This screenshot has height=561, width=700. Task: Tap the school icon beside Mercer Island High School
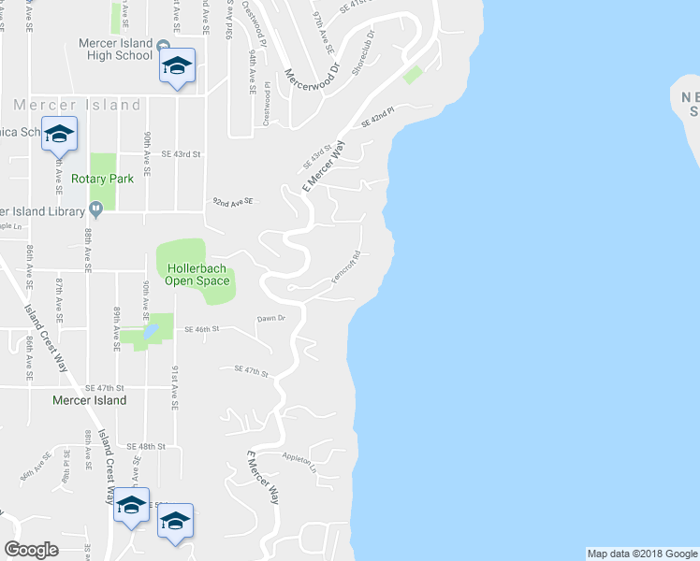point(177,65)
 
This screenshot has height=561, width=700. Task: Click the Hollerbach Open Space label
point(197,274)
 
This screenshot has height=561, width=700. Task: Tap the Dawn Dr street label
point(270,319)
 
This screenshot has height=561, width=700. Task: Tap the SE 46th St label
point(200,329)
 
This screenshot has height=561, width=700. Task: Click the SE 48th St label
point(146,447)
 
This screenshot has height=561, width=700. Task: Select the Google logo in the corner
point(31,550)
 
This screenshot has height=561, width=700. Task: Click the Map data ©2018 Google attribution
point(641,554)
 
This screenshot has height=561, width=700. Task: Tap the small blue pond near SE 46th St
point(151,333)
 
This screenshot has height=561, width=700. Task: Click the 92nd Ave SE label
point(233,201)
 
